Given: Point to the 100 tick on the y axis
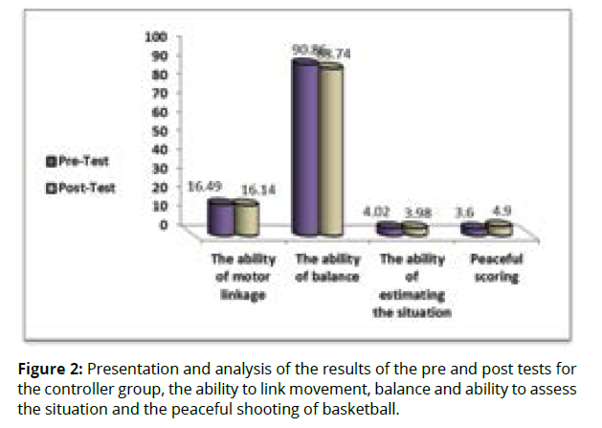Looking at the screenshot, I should pos(156,36).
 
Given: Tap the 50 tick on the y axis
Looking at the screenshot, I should pos(159,130).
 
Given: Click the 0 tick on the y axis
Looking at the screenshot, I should pos(163,224).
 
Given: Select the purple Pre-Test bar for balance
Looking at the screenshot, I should pos(305,148).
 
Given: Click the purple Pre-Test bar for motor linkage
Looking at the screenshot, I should pos(220,217).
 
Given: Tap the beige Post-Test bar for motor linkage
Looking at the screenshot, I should pos(247,218).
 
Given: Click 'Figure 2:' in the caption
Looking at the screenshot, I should pos(54,369).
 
